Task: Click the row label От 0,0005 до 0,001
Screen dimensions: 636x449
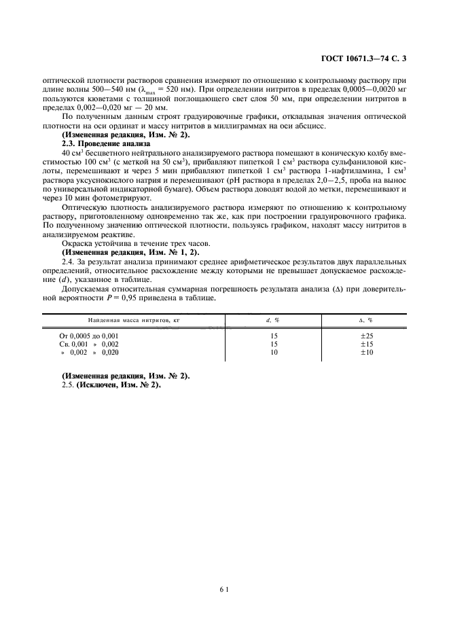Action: [89, 336]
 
